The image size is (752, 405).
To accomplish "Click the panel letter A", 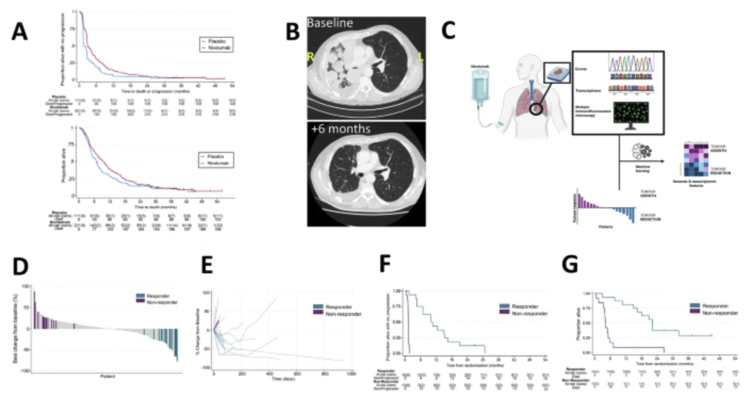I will pos(20,33).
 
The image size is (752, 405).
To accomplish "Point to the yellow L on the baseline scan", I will pos(421,58).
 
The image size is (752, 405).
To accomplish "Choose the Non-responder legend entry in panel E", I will pos(340,314).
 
